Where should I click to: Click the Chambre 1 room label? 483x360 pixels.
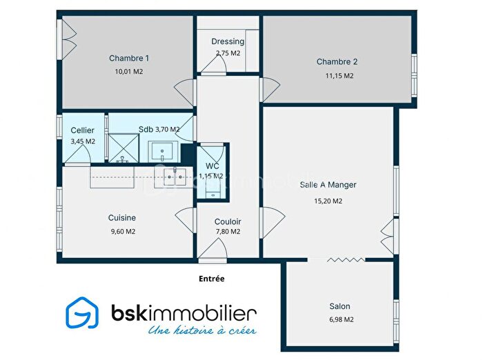[x=129, y=58]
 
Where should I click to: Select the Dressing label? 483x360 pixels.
[x=228, y=41]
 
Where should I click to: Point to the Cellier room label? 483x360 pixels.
[x=83, y=130]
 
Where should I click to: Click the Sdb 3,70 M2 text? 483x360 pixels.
[x=159, y=129]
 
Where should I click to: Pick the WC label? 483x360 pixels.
[x=211, y=166]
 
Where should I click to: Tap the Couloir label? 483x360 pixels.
[x=228, y=221]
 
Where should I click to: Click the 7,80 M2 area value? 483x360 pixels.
[x=228, y=232]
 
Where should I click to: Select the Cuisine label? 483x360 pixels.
[x=121, y=217]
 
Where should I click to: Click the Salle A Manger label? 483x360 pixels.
[x=328, y=185]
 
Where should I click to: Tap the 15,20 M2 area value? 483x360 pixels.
[x=328, y=201]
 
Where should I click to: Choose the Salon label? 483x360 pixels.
[x=339, y=306]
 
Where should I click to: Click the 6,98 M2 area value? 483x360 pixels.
[x=339, y=319]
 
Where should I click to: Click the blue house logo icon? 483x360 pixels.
[x=82, y=314]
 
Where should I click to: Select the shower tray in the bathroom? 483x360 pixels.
[x=126, y=148]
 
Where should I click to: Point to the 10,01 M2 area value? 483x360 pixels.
[x=129, y=71]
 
